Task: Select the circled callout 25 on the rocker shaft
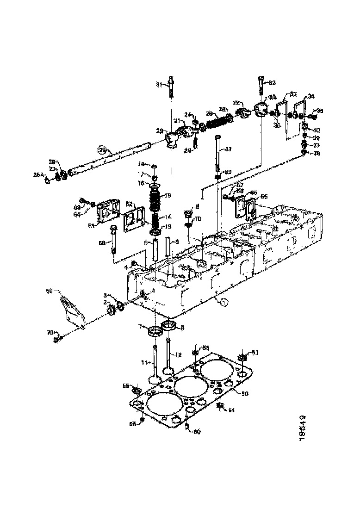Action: (102, 149)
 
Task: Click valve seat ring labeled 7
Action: (155, 331)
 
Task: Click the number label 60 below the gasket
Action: (196, 432)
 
